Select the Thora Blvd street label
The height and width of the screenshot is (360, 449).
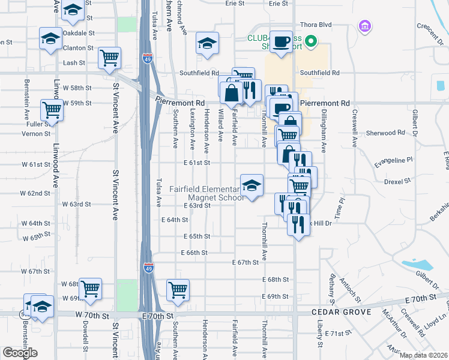point(317,25)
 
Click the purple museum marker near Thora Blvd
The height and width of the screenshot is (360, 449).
point(364,26)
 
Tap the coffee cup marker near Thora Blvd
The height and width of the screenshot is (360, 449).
point(280,41)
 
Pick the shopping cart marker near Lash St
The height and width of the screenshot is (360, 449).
point(110,58)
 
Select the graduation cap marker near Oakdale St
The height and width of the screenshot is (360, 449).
point(50,38)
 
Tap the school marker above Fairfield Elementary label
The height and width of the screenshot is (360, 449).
point(252,185)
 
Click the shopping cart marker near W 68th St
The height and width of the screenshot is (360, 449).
point(91,289)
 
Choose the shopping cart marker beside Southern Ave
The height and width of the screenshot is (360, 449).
point(178,290)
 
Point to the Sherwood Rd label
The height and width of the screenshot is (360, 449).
point(379,133)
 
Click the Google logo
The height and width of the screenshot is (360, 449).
point(20,353)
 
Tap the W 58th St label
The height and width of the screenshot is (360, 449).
point(79,88)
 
